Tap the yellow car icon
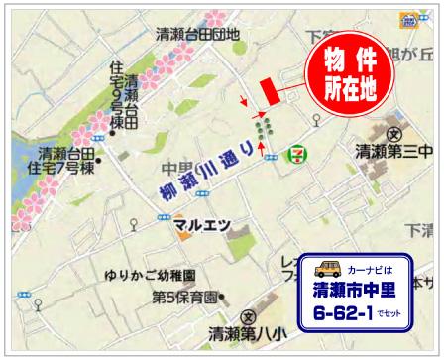coord(326,268)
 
